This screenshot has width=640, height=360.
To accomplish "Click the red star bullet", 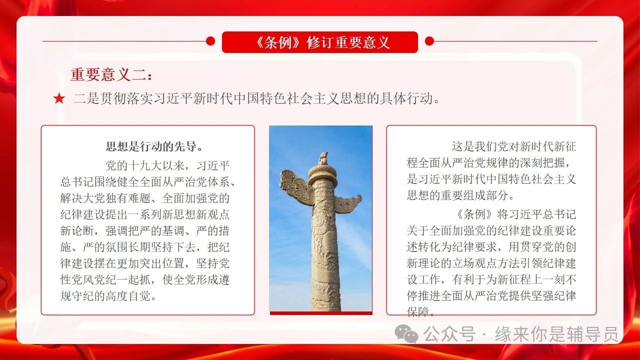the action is [x=59, y=98].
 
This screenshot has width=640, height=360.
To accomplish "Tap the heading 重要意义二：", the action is [x=111, y=74].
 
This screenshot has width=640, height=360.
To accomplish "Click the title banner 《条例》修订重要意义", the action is [x=320, y=42].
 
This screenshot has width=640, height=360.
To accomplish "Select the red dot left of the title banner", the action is [x=210, y=41].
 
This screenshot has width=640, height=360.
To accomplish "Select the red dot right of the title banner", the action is [x=429, y=41].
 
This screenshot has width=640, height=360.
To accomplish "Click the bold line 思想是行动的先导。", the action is [x=154, y=146].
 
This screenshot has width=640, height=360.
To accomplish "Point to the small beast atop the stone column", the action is [x=323, y=159].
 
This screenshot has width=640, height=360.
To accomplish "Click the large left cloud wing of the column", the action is [x=296, y=187].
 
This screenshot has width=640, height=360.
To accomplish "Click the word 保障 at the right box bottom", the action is [x=418, y=312].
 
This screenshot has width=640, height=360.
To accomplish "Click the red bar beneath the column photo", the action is [x=321, y=313].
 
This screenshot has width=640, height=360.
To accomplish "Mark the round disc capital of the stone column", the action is [x=322, y=173].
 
